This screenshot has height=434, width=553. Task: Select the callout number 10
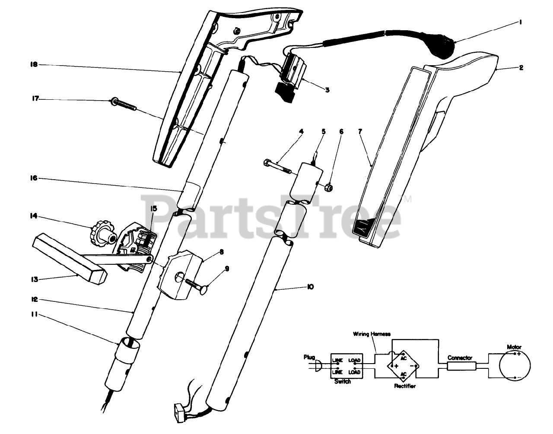pos(310,286)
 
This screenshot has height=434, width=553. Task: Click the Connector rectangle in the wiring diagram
pos(461,366)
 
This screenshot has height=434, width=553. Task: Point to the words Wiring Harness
pos(372,333)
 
